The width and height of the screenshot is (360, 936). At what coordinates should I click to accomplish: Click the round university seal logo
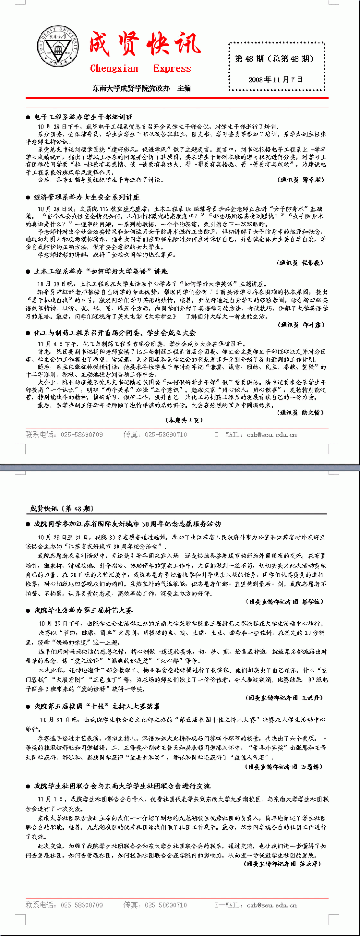click(x=57, y=47)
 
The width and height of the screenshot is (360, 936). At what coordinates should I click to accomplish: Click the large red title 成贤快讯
click(x=144, y=44)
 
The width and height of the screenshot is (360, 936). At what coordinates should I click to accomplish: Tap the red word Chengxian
click(x=114, y=69)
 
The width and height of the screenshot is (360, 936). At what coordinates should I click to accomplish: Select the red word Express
click(x=172, y=69)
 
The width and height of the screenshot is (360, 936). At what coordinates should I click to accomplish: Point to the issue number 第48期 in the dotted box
click(x=274, y=58)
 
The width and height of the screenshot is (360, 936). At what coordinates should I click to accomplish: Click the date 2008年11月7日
click(x=275, y=79)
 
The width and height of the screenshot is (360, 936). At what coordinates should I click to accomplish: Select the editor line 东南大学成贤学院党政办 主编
click(x=142, y=88)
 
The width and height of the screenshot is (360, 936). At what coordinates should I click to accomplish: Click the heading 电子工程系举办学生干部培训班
click(x=83, y=117)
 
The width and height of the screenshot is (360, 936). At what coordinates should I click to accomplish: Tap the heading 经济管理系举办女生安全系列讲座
click(x=87, y=197)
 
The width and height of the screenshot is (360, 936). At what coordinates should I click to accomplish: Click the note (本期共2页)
click(x=184, y=420)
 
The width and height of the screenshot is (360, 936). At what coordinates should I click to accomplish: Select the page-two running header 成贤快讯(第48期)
click(x=62, y=508)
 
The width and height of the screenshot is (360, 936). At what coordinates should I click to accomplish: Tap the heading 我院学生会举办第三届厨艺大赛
click(x=83, y=610)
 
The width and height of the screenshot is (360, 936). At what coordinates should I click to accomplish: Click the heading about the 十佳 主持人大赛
click(x=97, y=707)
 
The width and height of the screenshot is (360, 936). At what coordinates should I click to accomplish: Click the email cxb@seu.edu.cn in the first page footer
click(x=272, y=435)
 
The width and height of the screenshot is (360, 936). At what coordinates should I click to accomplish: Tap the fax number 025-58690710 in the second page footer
click(x=165, y=905)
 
